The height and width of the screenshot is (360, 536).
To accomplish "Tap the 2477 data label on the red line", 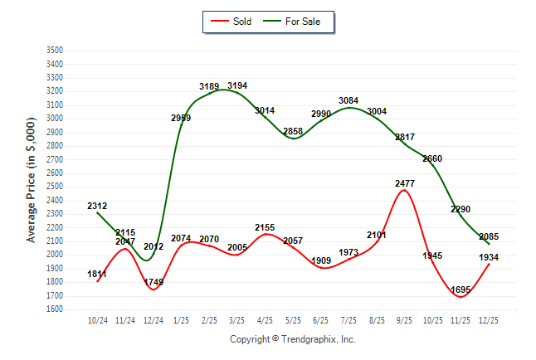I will pos(405,183).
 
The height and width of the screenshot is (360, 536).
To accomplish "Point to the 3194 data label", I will pos(237,85).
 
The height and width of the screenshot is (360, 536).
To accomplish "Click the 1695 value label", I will pos(461,289).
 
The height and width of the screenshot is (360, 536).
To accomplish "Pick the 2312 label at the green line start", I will pos(97,206).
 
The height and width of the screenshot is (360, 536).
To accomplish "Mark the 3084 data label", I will pos(349,101).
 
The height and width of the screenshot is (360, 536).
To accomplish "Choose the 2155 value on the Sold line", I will pos(266,227).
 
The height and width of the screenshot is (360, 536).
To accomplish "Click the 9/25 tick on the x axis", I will pos(405,319).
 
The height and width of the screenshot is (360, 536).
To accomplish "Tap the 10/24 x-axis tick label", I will pos(97,319).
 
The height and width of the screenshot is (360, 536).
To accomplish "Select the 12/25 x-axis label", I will pos(489,319).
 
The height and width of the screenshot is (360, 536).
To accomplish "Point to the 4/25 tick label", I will pos(266,319).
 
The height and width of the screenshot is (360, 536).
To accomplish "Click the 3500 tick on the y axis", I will pos(54,51).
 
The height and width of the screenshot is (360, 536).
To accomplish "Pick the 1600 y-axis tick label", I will pos(54,309).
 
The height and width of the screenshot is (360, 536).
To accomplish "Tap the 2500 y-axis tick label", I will pos(54,187).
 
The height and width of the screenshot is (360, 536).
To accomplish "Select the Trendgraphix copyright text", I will pos(292,339).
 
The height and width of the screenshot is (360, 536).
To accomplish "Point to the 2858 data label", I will pos(293,132).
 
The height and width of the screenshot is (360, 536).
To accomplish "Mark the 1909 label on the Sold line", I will pos(321,260).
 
